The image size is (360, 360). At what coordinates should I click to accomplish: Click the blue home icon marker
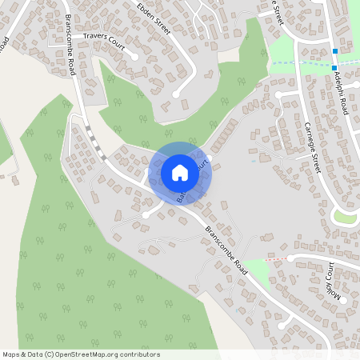click(180, 173)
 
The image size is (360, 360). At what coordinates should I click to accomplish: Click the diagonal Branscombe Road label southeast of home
click(226, 250)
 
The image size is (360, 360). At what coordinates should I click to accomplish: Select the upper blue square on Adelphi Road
click(334, 52)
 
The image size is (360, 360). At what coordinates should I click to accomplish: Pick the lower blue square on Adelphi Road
click(334, 68)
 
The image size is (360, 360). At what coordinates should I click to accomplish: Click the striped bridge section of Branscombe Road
click(96, 146)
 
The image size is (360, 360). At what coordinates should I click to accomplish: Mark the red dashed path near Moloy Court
click(274, 259)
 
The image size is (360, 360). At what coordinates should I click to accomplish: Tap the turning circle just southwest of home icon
click(146, 215)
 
